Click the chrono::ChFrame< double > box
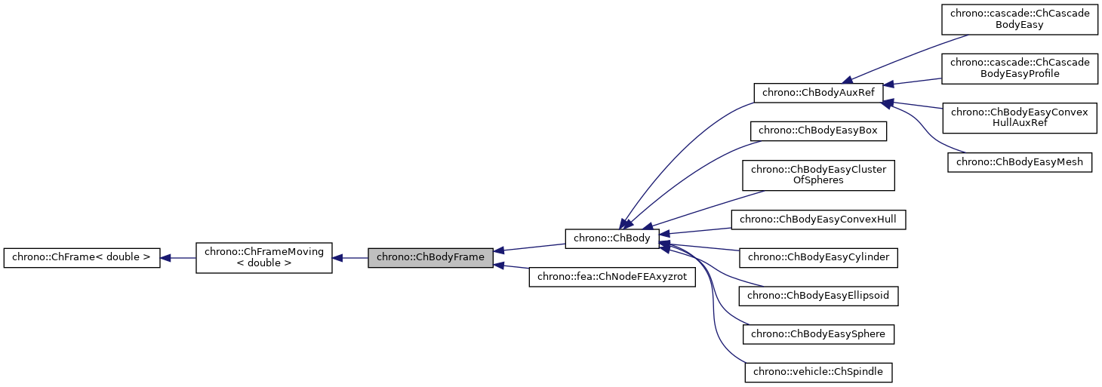(82, 258)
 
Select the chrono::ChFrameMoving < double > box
(264, 258)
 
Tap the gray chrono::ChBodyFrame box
(430, 257)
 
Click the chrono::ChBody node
(612, 238)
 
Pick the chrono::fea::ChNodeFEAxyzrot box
(611, 277)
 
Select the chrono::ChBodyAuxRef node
(819, 93)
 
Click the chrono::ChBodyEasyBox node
(818, 131)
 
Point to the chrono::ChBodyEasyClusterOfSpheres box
(818, 175)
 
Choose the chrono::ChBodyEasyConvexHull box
(818, 220)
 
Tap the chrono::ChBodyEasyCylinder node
(818, 257)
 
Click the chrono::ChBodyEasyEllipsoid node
(818, 295)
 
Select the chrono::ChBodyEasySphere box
(818, 333)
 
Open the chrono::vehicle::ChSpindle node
(818, 371)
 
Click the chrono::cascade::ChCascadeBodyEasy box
(1018, 19)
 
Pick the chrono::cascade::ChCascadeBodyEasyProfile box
(1018, 68)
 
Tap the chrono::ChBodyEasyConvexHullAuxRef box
(1018, 118)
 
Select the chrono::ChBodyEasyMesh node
(1020, 161)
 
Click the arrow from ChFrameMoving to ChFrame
(178, 258)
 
